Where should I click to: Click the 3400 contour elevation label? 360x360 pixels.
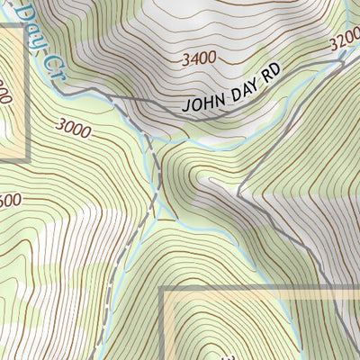pyautogui.click(x=198, y=58)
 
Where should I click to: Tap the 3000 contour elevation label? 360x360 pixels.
pyautogui.click(x=73, y=130)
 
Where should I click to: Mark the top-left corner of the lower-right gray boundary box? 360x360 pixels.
pyautogui.click(x=163, y=290)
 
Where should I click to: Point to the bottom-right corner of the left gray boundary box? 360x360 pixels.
pyautogui.click(x=27, y=159)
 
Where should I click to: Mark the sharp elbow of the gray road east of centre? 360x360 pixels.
pyautogui.click(x=239, y=193)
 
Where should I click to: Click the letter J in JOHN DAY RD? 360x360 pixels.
pyautogui.click(x=186, y=106)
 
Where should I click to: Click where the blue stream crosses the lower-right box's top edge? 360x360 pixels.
pyautogui.click(x=290, y=290)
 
